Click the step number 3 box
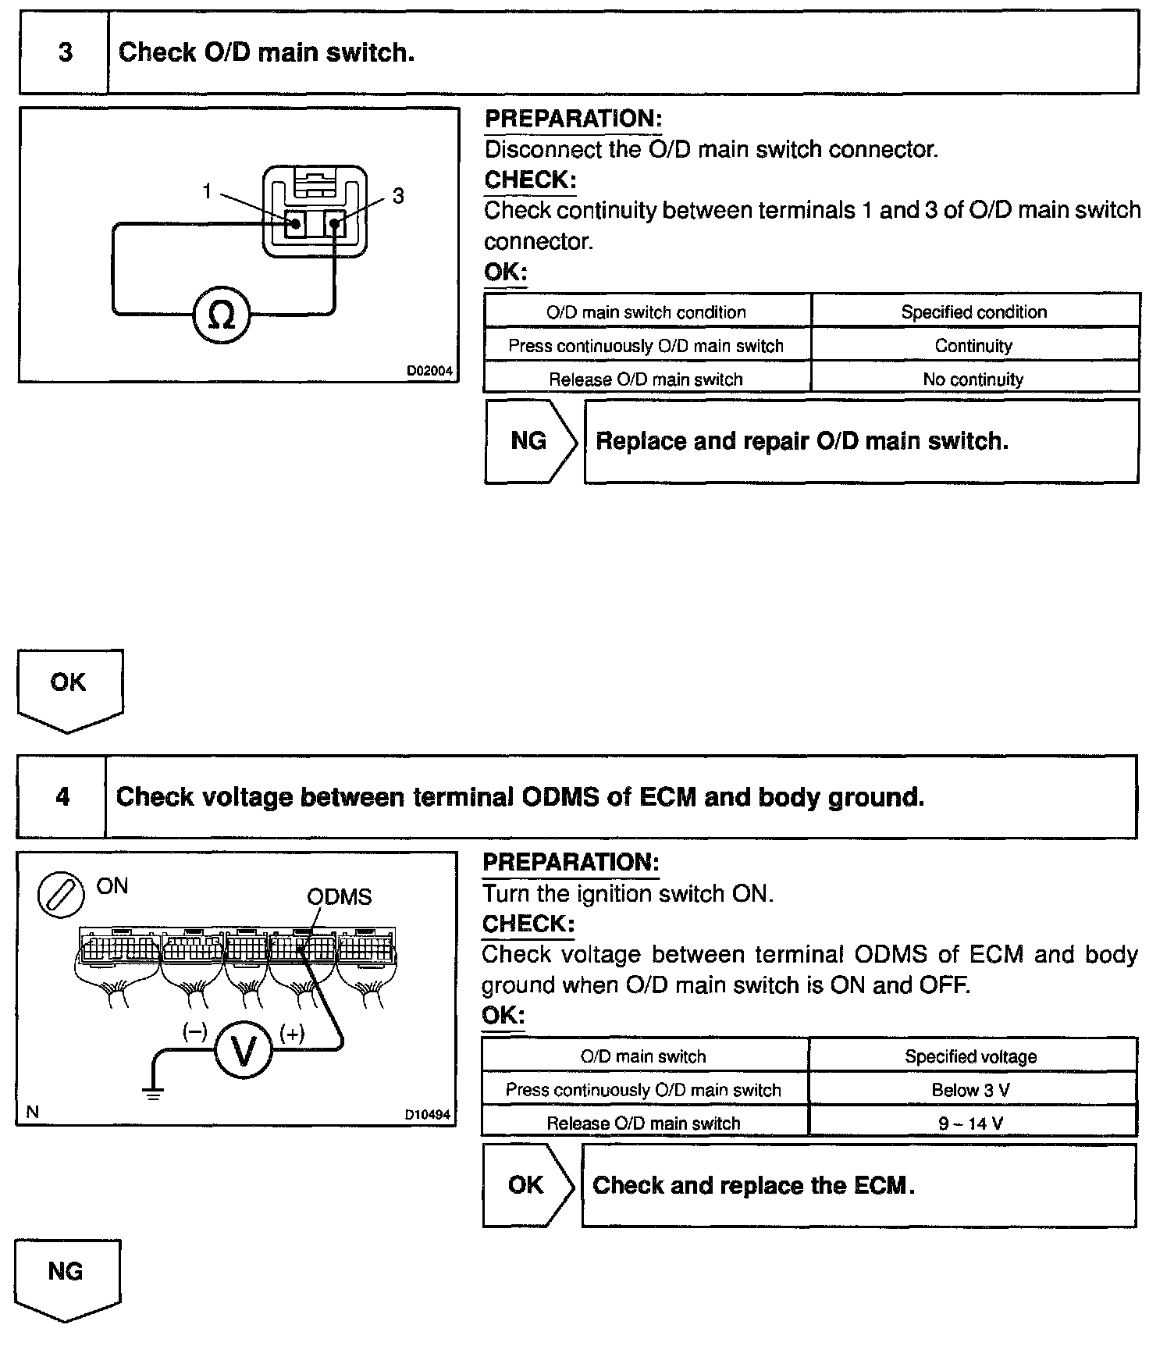point(64,52)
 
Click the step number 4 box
point(62,796)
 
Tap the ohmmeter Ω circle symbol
point(222,315)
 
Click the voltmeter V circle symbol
point(244,1052)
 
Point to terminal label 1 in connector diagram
point(207,191)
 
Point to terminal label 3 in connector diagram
point(398,195)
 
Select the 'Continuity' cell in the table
point(973,345)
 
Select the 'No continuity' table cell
point(973,379)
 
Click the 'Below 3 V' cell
point(971,1090)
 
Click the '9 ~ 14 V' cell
point(971,1123)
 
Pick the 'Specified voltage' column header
point(971,1056)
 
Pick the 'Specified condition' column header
point(973,312)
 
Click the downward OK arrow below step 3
point(69,687)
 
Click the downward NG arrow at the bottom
point(66,1277)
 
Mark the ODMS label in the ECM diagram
point(339,896)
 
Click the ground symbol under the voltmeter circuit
point(154,1093)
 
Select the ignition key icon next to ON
point(61,893)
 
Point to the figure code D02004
point(429,371)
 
